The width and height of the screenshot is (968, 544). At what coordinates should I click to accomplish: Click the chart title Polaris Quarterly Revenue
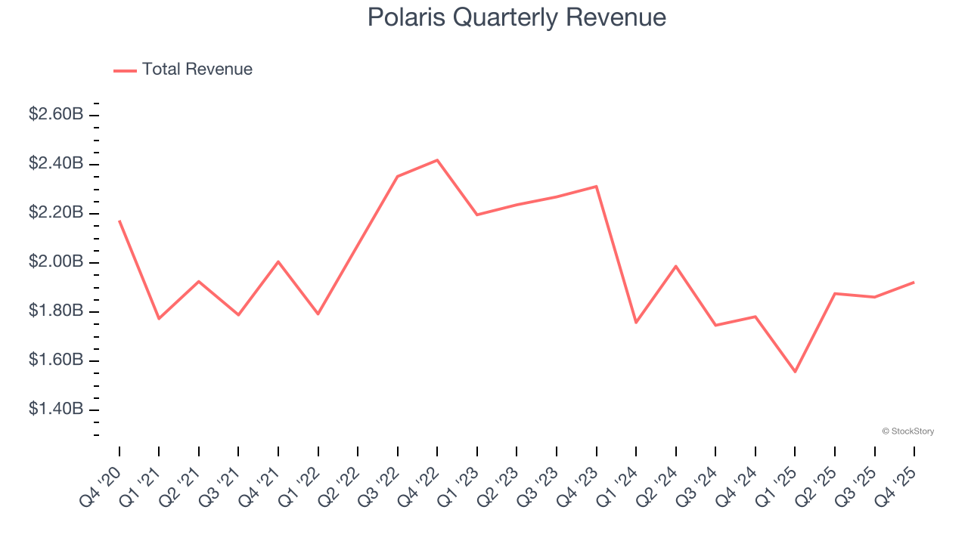click(517, 17)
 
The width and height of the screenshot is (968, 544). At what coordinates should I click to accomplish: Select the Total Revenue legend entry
click(183, 70)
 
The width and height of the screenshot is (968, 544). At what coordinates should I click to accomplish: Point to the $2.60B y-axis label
click(56, 115)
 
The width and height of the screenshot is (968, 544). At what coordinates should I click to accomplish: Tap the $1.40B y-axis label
click(56, 410)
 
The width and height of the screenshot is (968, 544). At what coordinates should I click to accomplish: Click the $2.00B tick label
click(56, 262)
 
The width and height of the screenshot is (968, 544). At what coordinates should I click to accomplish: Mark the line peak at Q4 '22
click(437, 160)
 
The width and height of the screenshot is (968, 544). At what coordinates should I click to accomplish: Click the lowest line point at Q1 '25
click(795, 372)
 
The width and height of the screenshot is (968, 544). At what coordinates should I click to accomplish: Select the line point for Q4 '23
click(597, 186)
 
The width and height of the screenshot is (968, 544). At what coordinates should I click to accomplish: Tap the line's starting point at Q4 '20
click(119, 221)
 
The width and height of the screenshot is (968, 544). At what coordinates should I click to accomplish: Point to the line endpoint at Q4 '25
click(914, 283)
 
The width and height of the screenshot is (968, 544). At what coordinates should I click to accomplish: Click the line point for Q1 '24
click(636, 323)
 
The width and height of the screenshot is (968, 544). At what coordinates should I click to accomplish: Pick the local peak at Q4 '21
click(278, 261)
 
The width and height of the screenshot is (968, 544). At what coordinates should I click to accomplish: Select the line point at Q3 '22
click(398, 176)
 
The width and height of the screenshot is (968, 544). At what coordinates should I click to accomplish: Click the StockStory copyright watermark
click(907, 431)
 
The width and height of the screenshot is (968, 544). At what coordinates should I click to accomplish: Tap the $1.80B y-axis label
click(56, 311)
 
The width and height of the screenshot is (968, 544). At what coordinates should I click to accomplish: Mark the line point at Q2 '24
click(675, 266)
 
